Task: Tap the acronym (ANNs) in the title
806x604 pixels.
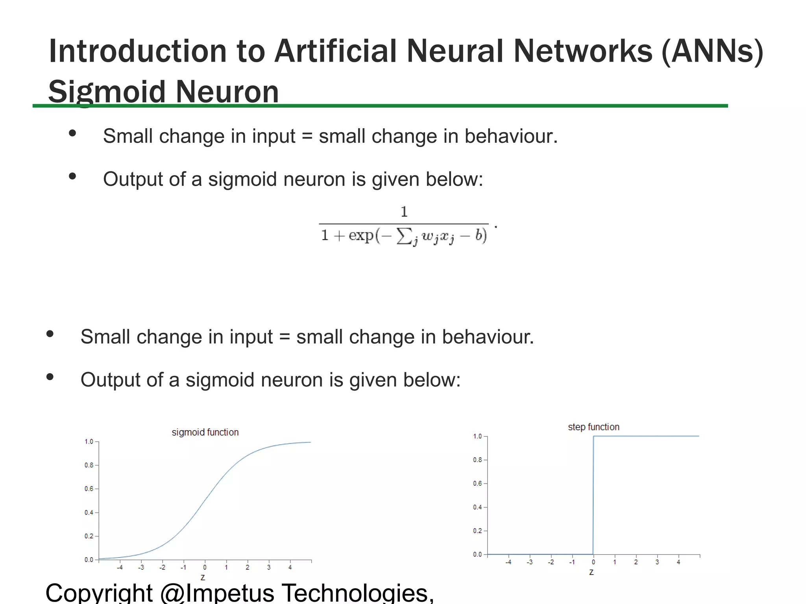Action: [712, 51]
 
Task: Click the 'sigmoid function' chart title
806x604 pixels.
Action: [205, 432]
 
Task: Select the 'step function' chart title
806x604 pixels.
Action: [593, 427]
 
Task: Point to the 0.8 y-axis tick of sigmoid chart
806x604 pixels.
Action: [89, 465]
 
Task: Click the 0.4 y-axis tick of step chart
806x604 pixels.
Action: [477, 507]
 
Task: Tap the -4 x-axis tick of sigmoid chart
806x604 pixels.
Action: [120, 567]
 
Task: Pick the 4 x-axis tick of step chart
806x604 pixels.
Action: [678, 562]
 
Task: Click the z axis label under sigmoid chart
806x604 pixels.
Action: [203, 577]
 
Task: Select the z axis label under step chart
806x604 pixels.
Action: [591, 572]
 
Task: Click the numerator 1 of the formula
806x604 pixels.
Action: [404, 212]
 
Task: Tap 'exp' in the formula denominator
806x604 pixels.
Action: [361, 235]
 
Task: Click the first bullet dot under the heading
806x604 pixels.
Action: [72, 133]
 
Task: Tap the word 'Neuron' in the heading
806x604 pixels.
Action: [227, 92]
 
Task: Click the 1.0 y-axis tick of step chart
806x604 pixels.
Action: [477, 436]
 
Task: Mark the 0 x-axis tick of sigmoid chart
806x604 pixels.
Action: [205, 567]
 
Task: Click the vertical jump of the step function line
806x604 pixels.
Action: [593, 495]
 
